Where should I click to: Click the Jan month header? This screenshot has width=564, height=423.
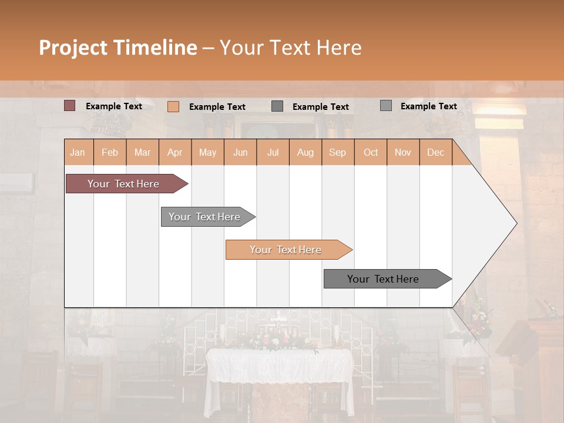coord(78,152)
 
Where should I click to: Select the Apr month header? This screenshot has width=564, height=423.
coord(175,152)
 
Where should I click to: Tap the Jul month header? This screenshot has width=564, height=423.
coord(273,152)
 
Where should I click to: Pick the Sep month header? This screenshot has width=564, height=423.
coord(337,152)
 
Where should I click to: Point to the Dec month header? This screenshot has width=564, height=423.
coord(435,152)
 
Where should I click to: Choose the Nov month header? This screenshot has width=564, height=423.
coord(403,152)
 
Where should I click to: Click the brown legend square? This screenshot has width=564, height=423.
coord(69,106)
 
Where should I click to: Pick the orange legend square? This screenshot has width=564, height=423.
coord(173,106)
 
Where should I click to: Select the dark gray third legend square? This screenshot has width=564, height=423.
coord(277,106)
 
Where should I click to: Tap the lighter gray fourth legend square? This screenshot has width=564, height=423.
coord(385,106)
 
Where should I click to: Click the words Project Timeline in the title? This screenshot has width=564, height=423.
coord(117,48)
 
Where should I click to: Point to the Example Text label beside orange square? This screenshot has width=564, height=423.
coord(217,107)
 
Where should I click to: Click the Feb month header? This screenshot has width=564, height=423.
coord(110,152)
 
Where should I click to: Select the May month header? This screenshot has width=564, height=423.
coord(207,152)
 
